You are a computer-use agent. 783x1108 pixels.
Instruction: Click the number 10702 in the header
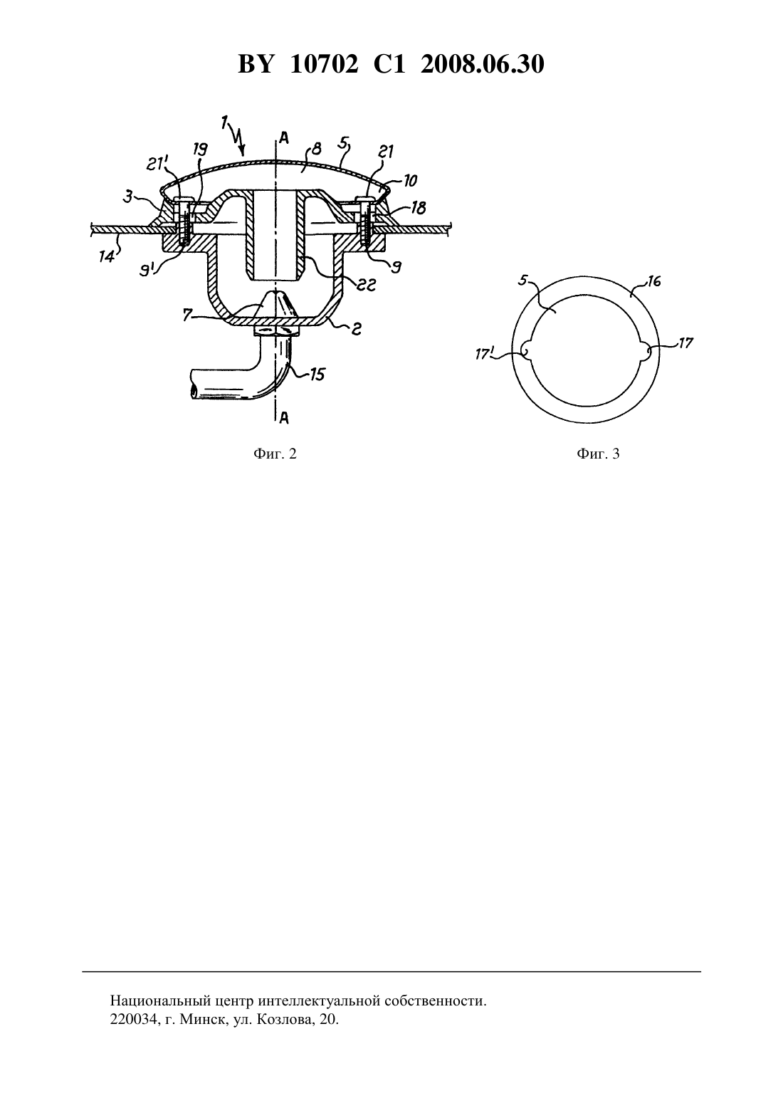[x=324, y=64]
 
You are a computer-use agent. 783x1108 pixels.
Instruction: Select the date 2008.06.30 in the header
[x=483, y=64]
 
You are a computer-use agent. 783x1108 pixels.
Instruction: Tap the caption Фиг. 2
[x=275, y=454]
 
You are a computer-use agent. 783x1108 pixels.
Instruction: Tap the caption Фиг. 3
[x=598, y=454]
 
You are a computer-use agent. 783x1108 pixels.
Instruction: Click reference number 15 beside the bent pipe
[x=316, y=375]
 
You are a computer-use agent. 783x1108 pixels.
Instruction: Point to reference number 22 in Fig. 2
[x=367, y=284]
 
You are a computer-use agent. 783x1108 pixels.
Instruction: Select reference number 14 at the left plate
[x=106, y=256]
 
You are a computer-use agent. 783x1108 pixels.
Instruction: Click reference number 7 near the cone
[x=187, y=314]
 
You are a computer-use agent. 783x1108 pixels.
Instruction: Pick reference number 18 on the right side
[x=419, y=208]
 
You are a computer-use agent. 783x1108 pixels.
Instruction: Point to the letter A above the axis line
[x=284, y=137]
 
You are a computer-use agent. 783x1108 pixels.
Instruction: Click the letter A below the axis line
[x=284, y=419]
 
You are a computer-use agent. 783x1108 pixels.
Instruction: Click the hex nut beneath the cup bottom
[x=276, y=331]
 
